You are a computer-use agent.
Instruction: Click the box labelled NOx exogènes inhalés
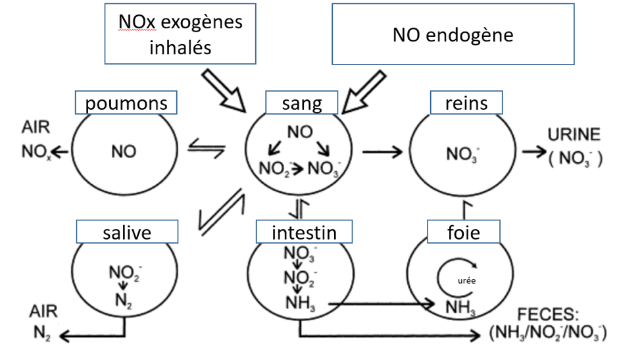[180, 35]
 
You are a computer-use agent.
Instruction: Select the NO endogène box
[453, 34]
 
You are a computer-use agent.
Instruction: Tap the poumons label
[126, 103]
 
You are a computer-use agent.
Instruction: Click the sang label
[302, 103]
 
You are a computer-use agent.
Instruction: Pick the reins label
[466, 103]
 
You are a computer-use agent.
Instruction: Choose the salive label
[127, 232]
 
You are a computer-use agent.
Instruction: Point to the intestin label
[303, 232]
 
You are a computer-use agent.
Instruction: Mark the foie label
[464, 232]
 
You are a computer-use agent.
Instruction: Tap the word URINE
[574, 135]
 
